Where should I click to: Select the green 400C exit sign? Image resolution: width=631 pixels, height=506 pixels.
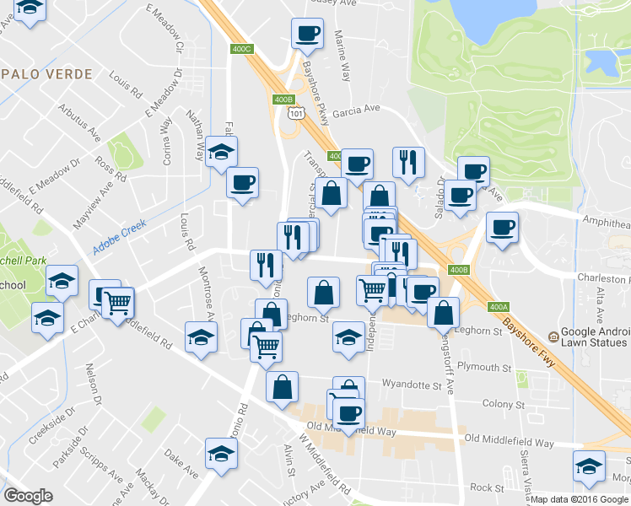tap(242, 49)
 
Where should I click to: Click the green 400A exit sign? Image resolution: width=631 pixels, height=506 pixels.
tap(499, 306)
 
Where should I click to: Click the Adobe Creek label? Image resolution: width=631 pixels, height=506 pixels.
tap(120, 230)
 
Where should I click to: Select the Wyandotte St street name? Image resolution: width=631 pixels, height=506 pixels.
tap(412, 385)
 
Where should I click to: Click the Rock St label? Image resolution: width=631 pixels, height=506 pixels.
tap(487, 487)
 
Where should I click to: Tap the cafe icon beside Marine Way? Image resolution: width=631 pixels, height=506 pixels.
tap(307, 34)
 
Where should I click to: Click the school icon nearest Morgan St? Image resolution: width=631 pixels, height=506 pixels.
tap(589, 466)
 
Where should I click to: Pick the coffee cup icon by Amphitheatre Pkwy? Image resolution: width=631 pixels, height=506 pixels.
tap(502, 228)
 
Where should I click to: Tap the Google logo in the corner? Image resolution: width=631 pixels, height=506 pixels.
tap(28, 496)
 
